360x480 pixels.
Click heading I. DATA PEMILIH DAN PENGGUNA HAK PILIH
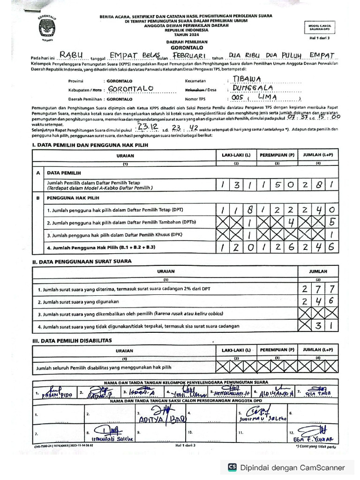pos(90,145)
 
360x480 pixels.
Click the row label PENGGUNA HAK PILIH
pos(73,198)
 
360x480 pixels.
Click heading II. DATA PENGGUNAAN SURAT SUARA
pos(82,261)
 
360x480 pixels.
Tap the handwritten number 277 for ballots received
pos(317,289)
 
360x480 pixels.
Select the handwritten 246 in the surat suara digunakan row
pos(317,301)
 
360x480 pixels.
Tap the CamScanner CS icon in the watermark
pos(232,467)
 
